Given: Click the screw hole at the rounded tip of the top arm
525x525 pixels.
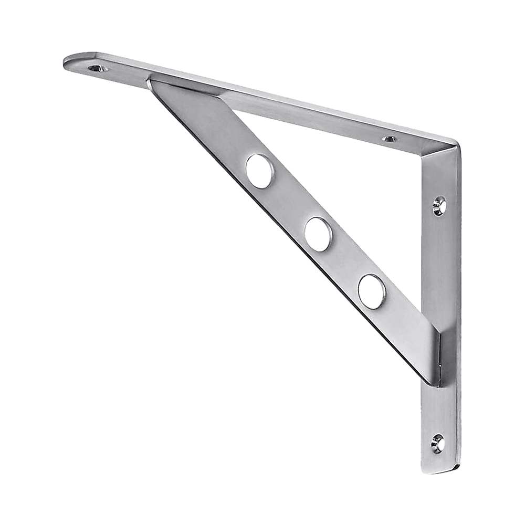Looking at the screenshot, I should coord(96,68).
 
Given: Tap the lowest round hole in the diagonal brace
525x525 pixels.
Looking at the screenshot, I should coord(372,290).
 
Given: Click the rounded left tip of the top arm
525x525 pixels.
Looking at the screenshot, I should coord(67,62).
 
